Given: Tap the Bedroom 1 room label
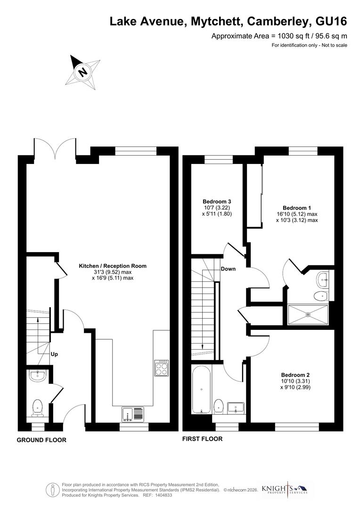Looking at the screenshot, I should [297, 208].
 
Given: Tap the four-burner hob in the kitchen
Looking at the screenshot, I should [161, 368].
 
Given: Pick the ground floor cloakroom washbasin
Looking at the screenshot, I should [37, 376].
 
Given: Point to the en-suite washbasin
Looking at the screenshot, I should [324, 279].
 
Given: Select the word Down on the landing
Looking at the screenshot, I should [228, 269].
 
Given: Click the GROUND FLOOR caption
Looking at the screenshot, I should [41, 440].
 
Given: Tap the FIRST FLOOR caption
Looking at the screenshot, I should [202, 439].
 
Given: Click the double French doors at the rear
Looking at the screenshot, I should [55, 148].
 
